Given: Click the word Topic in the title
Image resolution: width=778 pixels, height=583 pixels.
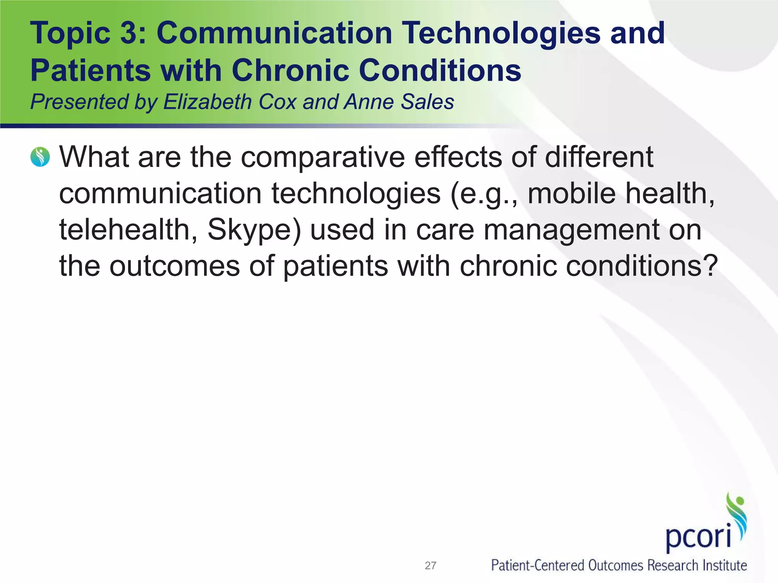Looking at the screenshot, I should pos(70,33).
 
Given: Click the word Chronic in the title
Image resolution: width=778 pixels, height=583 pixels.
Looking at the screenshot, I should pos(290,71).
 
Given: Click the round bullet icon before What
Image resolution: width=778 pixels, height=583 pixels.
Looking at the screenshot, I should pos(40,157).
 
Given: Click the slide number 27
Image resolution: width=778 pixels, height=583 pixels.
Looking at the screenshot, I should pos(430,566).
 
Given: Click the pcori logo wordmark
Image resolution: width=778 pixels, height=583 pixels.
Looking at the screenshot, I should pos(698,537).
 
